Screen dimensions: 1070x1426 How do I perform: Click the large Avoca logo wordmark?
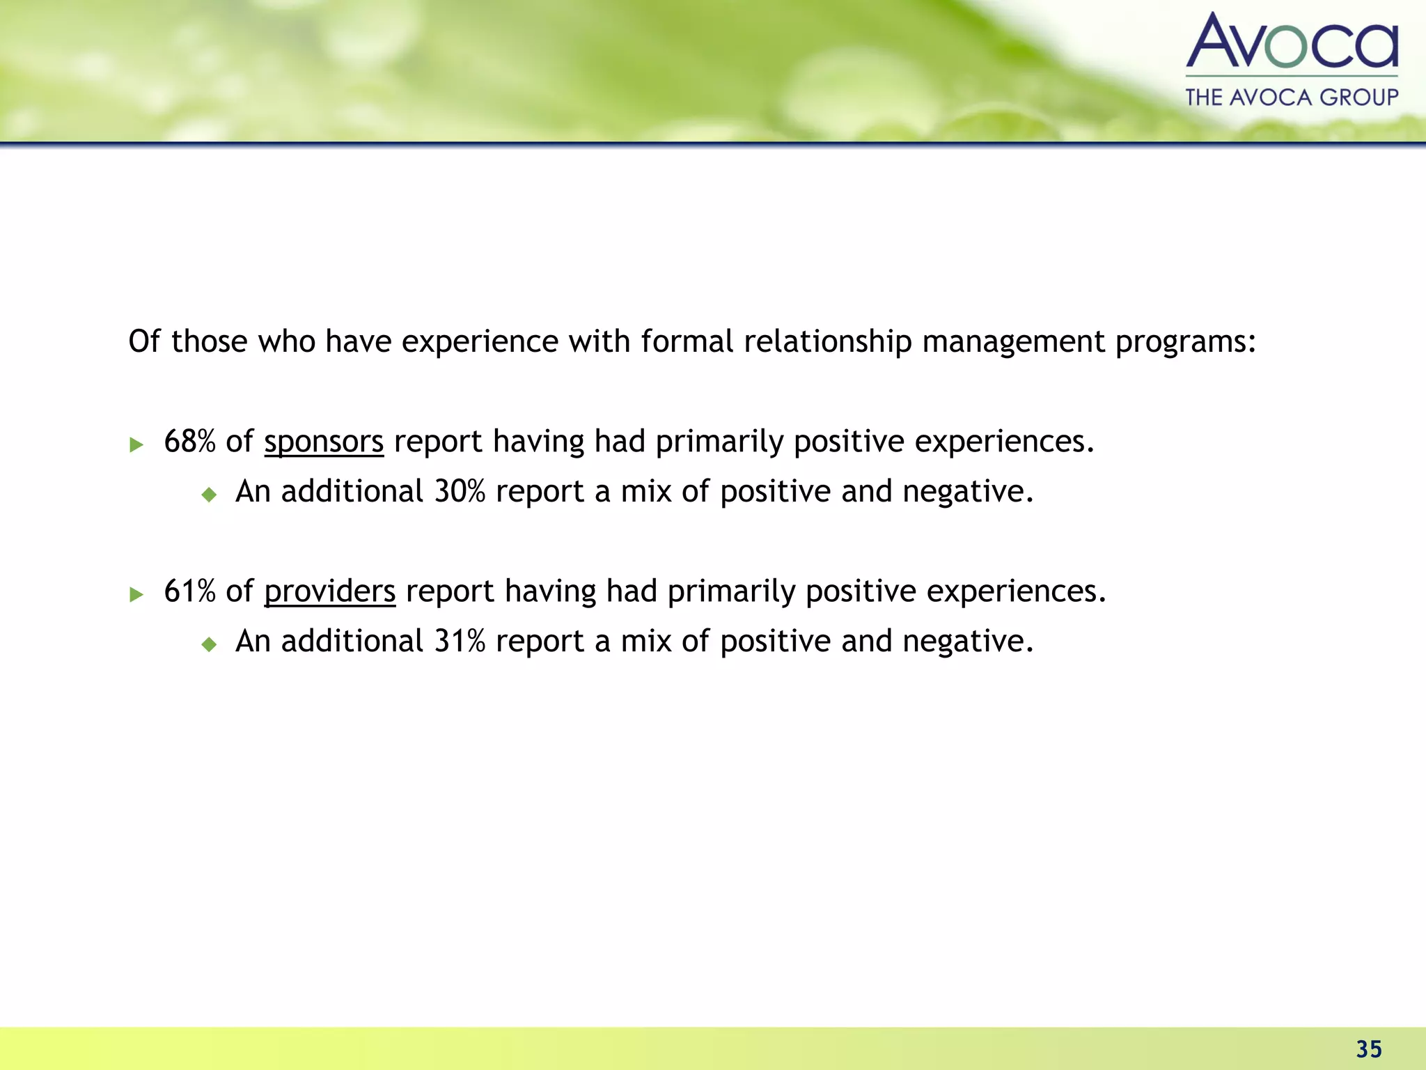[1292, 42]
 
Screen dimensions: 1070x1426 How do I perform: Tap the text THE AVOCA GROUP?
[1292, 97]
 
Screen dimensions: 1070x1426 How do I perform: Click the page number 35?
[1368, 1049]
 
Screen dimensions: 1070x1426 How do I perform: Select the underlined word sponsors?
[324, 442]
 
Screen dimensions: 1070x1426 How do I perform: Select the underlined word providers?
[329, 591]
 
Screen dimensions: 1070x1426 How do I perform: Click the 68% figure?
[189, 442]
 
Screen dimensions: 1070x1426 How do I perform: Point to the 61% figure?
[189, 591]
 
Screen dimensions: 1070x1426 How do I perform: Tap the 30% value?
[460, 492]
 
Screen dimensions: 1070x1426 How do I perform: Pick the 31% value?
[460, 642]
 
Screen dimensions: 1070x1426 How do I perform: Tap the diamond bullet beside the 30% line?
[209, 495]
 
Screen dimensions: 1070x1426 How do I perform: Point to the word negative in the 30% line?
[967, 492]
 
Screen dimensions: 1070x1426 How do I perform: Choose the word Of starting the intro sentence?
[144, 342]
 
